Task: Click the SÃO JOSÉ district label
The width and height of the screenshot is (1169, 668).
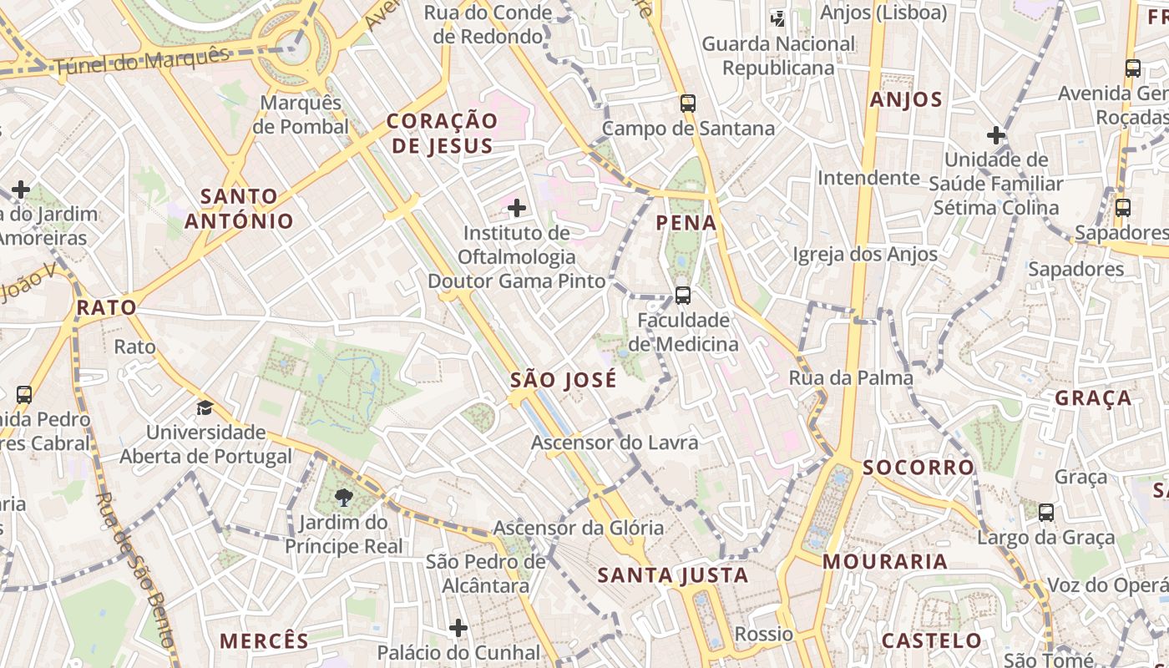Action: tap(564, 380)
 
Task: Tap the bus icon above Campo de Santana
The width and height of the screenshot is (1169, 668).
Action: tap(687, 104)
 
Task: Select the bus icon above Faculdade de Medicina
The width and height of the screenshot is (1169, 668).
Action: tap(683, 295)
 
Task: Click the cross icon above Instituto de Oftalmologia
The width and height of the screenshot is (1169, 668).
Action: tap(517, 207)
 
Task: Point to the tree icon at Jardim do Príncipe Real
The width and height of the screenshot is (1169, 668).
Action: tap(342, 498)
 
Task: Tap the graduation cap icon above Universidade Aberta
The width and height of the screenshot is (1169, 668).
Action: tap(205, 408)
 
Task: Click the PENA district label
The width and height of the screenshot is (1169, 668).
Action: tap(686, 223)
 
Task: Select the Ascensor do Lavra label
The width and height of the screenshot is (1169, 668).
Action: tap(615, 443)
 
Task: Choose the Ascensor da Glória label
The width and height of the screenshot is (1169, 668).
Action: tap(579, 528)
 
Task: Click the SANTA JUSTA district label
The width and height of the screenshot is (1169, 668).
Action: tap(673, 575)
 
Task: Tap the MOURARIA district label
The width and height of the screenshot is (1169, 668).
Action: tap(885, 562)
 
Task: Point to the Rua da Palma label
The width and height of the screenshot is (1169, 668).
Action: tap(851, 378)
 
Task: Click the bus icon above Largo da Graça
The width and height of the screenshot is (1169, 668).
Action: tap(1045, 512)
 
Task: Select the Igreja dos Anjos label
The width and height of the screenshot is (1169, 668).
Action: tap(865, 254)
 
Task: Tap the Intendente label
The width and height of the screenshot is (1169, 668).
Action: tap(868, 178)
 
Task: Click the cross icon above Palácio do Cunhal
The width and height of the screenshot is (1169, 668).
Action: tap(458, 627)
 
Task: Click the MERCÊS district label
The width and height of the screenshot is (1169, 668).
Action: tap(264, 641)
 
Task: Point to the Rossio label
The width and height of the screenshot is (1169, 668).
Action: tap(763, 634)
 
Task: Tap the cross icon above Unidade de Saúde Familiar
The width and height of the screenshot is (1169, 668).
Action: tap(995, 134)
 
